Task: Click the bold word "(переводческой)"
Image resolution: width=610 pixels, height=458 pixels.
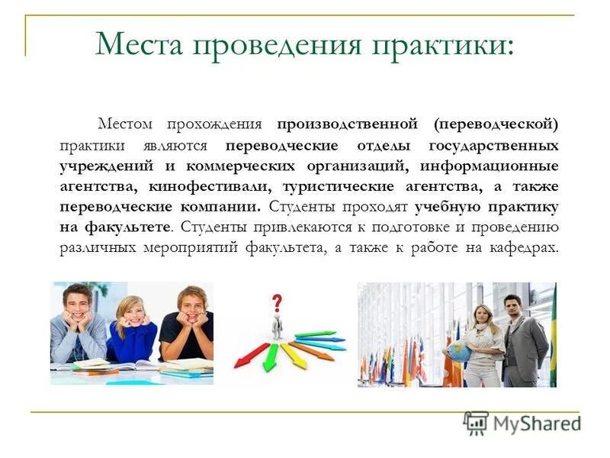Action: click(x=497, y=124)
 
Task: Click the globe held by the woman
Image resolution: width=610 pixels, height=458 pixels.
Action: click(x=459, y=352)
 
